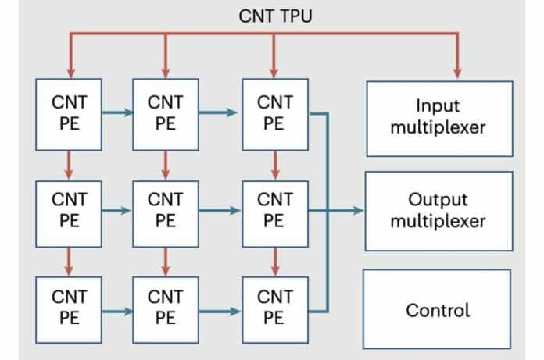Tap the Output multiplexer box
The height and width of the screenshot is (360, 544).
coord(437,211)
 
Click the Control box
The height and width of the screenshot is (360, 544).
coord(437,309)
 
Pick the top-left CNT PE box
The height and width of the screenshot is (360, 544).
coord(69,114)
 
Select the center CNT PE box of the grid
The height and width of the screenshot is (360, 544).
coord(165,210)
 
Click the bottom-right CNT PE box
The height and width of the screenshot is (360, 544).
coord(273,307)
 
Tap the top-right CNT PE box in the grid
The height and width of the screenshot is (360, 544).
coord(273,114)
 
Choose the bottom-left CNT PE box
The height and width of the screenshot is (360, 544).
coord(69,307)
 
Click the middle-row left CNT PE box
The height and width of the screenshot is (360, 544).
coord(69,210)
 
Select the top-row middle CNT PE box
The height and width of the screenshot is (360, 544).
coord(165,114)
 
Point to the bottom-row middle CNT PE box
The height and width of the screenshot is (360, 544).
coord(165,307)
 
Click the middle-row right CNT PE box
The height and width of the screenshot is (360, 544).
coord(273,210)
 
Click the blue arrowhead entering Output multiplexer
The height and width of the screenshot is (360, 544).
coord(358,210)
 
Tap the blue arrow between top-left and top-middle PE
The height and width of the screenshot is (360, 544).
coord(116,114)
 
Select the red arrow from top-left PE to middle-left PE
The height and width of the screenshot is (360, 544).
coord(69,164)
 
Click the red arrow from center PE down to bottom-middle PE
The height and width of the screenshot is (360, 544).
coord(165,260)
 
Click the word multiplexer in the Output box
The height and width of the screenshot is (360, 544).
coord(437,221)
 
